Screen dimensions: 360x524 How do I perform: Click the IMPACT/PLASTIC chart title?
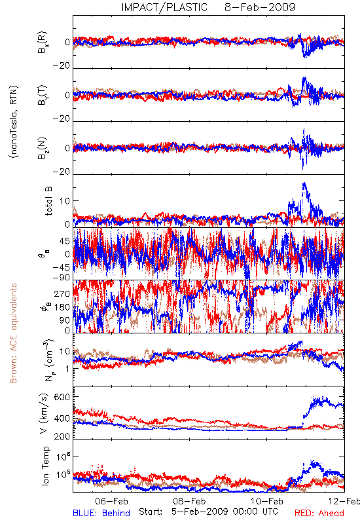tap(164, 7)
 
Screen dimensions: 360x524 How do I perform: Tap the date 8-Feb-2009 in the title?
tap(260, 7)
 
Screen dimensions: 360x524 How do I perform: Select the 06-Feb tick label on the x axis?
tap(111, 501)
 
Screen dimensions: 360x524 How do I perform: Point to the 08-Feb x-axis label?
tap(189, 501)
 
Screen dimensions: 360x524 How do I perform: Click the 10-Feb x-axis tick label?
tap(267, 501)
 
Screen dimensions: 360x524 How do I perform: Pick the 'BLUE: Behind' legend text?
tap(101, 513)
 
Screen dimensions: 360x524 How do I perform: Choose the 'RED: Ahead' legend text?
tap(319, 513)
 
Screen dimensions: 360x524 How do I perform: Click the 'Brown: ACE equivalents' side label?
tap(13, 333)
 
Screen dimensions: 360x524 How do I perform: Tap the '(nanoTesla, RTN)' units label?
tap(14, 122)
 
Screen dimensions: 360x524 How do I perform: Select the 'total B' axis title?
tap(48, 200)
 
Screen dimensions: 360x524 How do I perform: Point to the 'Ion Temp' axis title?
tap(45, 466)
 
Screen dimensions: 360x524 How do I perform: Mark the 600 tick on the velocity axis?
tap(62, 397)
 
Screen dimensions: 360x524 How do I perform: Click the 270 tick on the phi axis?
tap(62, 293)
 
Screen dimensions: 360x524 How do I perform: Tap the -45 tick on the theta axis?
tap(61, 267)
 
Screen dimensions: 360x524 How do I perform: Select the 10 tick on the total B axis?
tap(65, 201)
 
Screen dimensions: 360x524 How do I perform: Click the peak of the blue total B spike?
tap(304, 183)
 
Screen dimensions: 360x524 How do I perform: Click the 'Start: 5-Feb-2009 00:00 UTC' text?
tap(208, 512)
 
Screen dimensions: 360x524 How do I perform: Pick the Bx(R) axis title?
tap(43, 43)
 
